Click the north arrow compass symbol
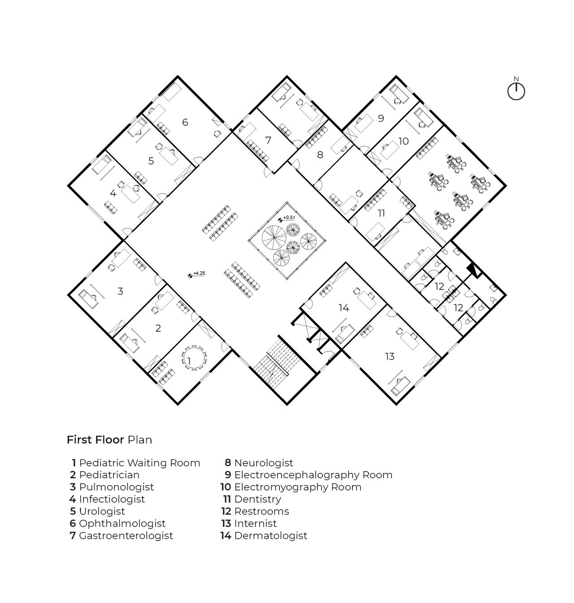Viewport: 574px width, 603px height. click(516, 91)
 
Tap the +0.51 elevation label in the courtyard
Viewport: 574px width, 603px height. click(289, 218)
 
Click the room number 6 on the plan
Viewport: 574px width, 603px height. click(185, 122)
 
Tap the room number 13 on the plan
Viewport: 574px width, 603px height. click(390, 356)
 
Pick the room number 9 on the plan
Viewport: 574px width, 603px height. click(381, 118)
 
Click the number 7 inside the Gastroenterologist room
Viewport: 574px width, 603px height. click(269, 140)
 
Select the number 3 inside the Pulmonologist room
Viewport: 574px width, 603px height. click(120, 291)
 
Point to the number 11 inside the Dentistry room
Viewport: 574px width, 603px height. click(381, 213)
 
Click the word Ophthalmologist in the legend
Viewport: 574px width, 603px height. click(122, 524)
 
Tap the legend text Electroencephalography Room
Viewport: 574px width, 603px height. click(313, 475)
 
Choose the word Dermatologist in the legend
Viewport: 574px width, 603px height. click(270, 536)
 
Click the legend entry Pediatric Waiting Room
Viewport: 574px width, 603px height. click(139, 463)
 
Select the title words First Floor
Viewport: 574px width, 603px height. click(96, 440)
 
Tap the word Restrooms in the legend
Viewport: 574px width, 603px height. click(261, 512)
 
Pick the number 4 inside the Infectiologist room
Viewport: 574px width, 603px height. click(113, 194)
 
